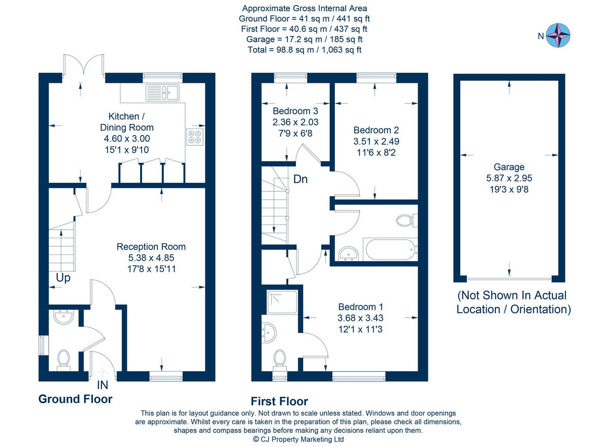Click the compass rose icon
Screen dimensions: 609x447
click(x=558, y=36)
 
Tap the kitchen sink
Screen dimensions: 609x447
click(x=162, y=92)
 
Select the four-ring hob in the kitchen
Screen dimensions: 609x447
click(x=195, y=137)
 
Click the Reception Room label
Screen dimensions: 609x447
click(x=151, y=247)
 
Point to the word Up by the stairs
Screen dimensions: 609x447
click(x=63, y=278)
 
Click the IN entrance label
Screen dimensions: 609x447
click(x=103, y=385)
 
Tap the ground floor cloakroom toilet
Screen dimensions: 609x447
click(x=63, y=360)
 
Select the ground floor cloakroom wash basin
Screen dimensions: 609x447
click(x=64, y=317)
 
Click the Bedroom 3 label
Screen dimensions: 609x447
click(x=295, y=111)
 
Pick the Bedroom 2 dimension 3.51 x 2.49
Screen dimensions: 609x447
click(x=376, y=142)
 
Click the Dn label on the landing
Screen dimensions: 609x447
click(x=300, y=179)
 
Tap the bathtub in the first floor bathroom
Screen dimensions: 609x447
click(x=390, y=249)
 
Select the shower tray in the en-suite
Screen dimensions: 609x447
click(x=283, y=302)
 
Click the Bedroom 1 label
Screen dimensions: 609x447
click(x=360, y=307)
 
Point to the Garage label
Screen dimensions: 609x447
click(x=509, y=167)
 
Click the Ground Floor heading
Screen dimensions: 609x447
click(x=75, y=399)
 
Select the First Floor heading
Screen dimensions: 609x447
click(x=279, y=402)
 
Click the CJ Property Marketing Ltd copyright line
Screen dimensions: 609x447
click(x=298, y=439)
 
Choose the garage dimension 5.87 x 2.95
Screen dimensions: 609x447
click(x=509, y=178)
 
